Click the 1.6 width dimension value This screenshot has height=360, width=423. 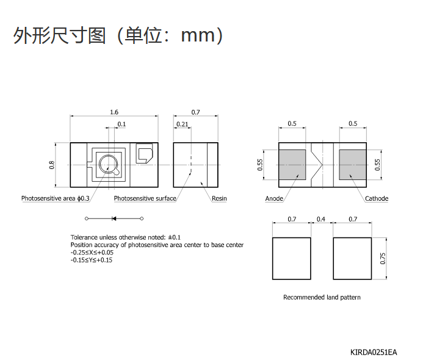[x=114, y=112]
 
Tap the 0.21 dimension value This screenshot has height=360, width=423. [x=182, y=124]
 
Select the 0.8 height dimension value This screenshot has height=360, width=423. [x=51, y=165]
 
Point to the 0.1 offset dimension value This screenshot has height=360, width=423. [x=121, y=124]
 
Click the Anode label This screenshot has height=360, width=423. [x=274, y=198]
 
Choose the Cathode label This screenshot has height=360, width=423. [x=377, y=198]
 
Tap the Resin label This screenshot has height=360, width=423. [x=219, y=198]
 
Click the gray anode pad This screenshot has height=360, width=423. [x=292, y=165]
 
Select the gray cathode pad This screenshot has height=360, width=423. [x=353, y=165]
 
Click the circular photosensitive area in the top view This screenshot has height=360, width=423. [x=109, y=156]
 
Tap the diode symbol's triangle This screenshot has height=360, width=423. [x=114, y=218]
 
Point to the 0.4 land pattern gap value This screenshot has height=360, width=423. [x=320, y=219]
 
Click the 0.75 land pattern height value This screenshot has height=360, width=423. [x=383, y=258]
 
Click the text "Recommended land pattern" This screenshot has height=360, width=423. [x=322, y=297]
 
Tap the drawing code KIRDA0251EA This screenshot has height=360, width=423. [x=374, y=352]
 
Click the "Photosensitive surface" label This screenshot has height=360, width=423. [x=145, y=198]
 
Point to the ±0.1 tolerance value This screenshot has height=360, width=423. [x=175, y=237]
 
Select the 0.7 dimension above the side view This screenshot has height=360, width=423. [x=195, y=112]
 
